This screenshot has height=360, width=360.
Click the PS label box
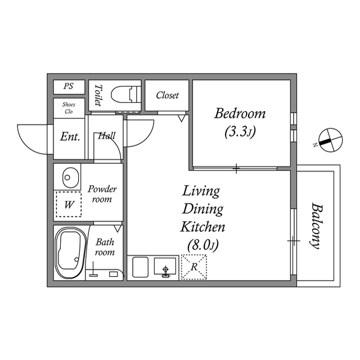[x=69, y=87]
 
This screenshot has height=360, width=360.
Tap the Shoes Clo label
[x=69, y=107]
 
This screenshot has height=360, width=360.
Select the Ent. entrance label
[x=70, y=137]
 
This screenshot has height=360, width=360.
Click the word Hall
[x=106, y=136]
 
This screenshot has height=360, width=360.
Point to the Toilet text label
[x=98, y=96]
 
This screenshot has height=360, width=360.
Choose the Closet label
[x=167, y=96]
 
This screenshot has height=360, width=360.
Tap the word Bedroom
[x=240, y=114]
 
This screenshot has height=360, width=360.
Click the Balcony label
[x=316, y=225]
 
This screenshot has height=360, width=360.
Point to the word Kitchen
[x=202, y=227]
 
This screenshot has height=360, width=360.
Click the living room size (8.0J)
[x=202, y=245]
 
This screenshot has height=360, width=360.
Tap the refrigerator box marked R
[x=193, y=267]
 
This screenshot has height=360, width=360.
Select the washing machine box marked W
[x=68, y=205]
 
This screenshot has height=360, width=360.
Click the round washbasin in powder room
[x=68, y=178]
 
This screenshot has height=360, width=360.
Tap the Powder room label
[x=102, y=194]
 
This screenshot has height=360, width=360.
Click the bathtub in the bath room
[x=70, y=253]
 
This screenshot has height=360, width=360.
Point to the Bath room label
[x=105, y=247]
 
